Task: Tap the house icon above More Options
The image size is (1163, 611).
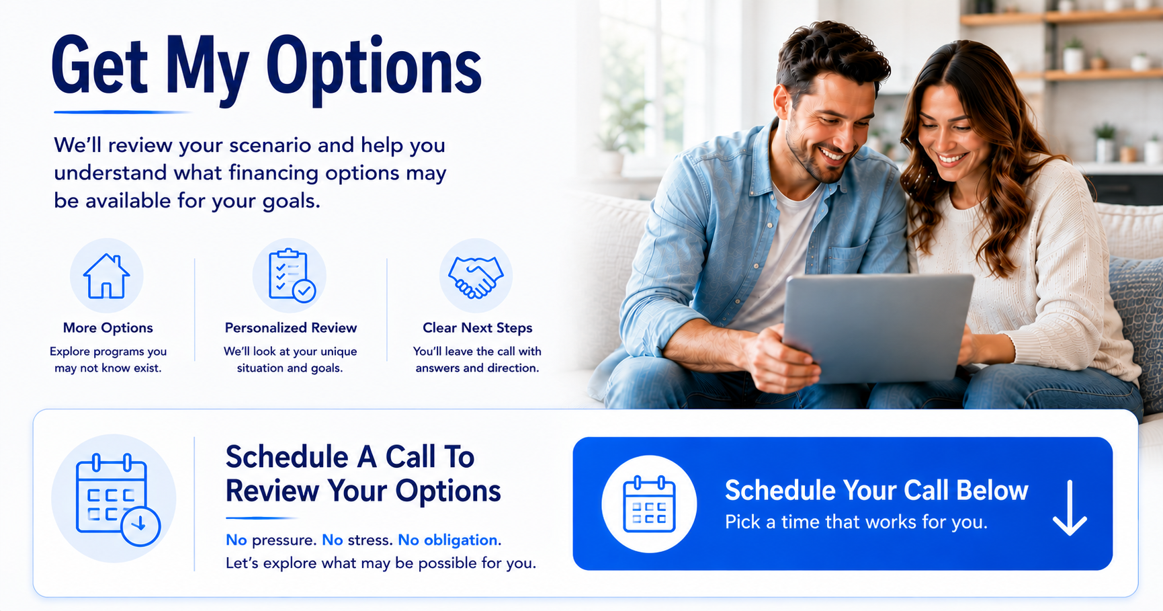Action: click(106, 276)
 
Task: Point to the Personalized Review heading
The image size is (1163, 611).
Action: click(291, 328)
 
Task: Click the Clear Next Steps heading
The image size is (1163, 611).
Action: click(477, 328)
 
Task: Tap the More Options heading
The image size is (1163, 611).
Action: click(107, 328)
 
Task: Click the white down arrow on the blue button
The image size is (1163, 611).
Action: click(1070, 507)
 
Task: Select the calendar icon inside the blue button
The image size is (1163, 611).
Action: click(649, 504)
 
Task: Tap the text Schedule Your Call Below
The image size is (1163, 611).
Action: click(876, 491)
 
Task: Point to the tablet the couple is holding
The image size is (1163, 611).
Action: click(877, 328)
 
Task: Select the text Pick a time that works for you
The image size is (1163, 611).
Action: click(856, 522)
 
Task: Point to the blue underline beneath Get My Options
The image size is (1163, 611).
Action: click(121, 112)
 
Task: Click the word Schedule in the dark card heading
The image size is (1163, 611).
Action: click(287, 457)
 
